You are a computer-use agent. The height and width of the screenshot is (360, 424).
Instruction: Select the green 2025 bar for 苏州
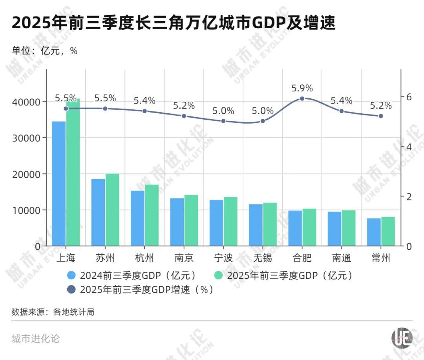click(x=112, y=210)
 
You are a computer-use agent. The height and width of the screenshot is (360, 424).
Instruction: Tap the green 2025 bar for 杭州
click(x=152, y=215)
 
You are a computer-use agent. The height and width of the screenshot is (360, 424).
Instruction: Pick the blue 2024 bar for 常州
click(x=374, y=232)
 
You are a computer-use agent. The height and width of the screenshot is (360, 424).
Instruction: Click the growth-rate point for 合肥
click(x=302, y=98)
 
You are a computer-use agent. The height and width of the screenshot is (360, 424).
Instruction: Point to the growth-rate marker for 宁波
click(x=223, y=121)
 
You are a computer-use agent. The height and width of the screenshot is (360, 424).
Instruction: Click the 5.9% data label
click(x=302, y=88)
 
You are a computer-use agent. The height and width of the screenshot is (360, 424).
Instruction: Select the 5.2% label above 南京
click(x=184, y=105)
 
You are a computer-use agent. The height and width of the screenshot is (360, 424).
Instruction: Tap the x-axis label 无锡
click(x=263, y=258)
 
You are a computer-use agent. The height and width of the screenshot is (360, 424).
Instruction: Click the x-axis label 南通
click(x=341, y=258)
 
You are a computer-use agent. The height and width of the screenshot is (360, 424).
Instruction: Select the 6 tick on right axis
click(x=409, y=97)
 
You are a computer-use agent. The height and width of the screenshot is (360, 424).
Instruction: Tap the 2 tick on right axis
click(x=409, y=196)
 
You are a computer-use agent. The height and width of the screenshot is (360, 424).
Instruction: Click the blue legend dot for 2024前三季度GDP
click(x=71, y=276)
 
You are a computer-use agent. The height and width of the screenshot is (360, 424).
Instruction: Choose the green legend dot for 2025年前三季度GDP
click(x=219, y=276)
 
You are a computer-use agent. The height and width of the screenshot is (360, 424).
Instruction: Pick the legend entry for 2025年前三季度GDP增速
click(x=141, y=290)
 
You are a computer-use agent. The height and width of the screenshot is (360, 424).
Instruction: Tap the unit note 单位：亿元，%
click(x=44, y=51)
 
